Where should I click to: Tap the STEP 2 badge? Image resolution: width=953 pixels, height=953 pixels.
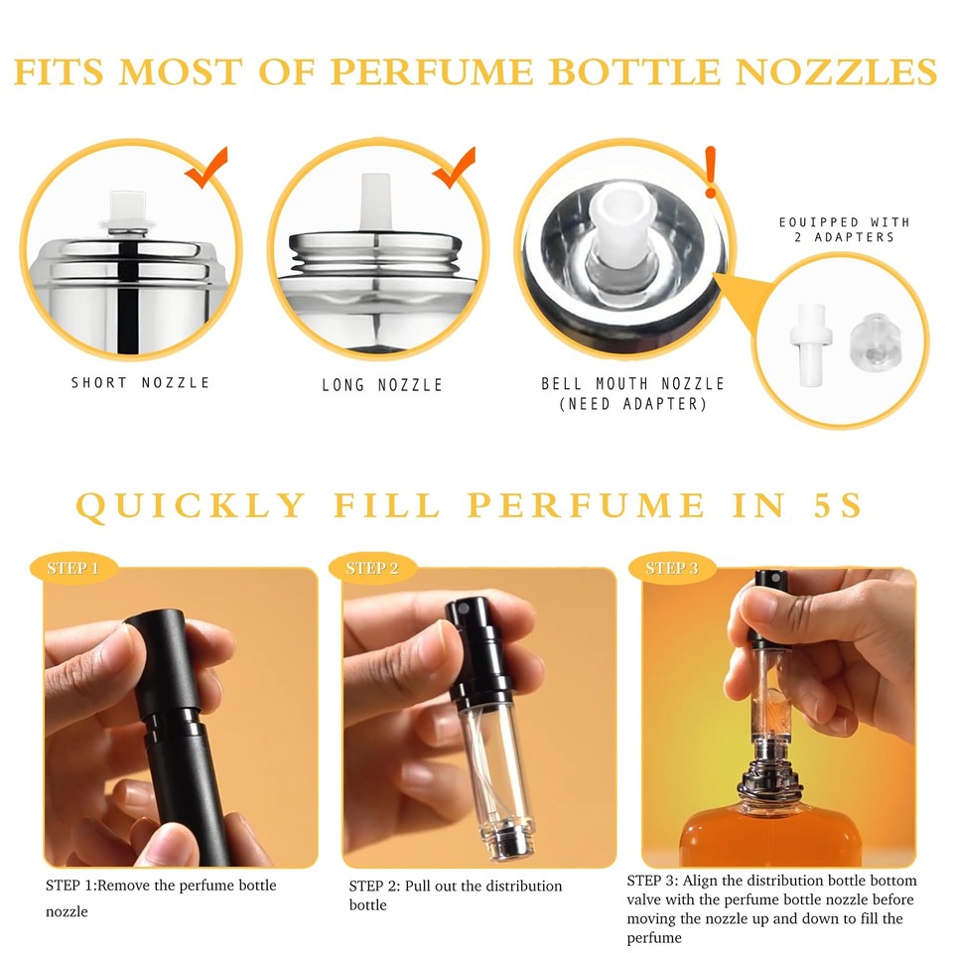pyautogui.click(x=372, y=569)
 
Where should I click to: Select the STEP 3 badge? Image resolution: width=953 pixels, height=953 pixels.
pyautogui.click(x=672, y=568)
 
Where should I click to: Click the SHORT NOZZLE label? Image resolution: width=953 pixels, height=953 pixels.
pyautogui.click(x=140, y=382)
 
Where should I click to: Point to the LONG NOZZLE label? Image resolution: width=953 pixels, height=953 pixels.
pyautogui.click(x=382, y=384)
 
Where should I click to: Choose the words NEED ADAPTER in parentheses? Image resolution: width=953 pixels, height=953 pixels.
pyautogui.click(x=632, y=403)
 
